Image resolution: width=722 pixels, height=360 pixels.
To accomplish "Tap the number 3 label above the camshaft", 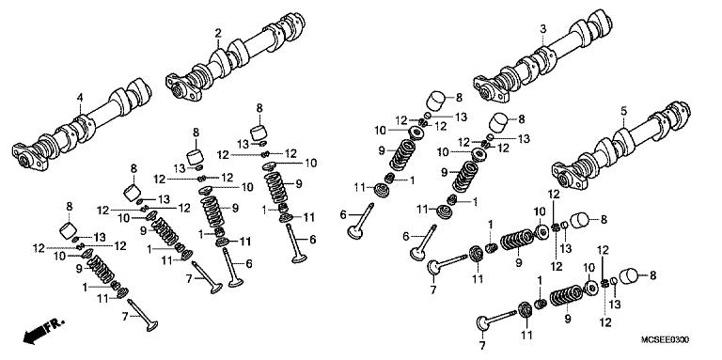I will pos(542,30).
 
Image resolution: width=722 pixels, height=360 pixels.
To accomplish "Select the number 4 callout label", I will pos(80,97).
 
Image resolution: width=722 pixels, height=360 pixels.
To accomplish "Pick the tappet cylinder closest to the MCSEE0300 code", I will pos(627,278).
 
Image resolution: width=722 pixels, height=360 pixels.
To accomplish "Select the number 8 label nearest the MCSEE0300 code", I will pos(652,275).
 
